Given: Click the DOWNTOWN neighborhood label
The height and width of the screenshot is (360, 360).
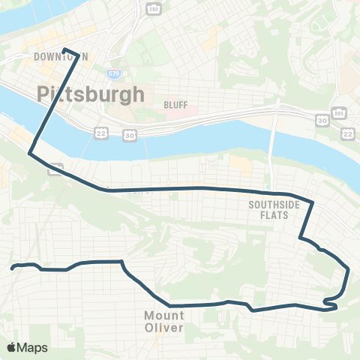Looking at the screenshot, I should (60, 57).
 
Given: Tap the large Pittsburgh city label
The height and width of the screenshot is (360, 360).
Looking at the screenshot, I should (89, 94).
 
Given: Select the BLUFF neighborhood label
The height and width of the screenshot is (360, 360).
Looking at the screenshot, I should (175, 105).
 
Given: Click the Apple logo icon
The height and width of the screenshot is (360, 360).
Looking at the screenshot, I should (11, 347).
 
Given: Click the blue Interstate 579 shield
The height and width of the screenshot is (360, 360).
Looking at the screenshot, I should (113, 73).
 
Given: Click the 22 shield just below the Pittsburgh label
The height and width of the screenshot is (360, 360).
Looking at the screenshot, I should (100, 133).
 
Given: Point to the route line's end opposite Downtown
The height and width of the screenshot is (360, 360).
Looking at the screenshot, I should (12, 266).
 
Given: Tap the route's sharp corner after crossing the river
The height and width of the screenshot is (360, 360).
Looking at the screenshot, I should (30, 154).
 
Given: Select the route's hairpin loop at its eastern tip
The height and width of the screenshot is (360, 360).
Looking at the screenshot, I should (330, 303).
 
